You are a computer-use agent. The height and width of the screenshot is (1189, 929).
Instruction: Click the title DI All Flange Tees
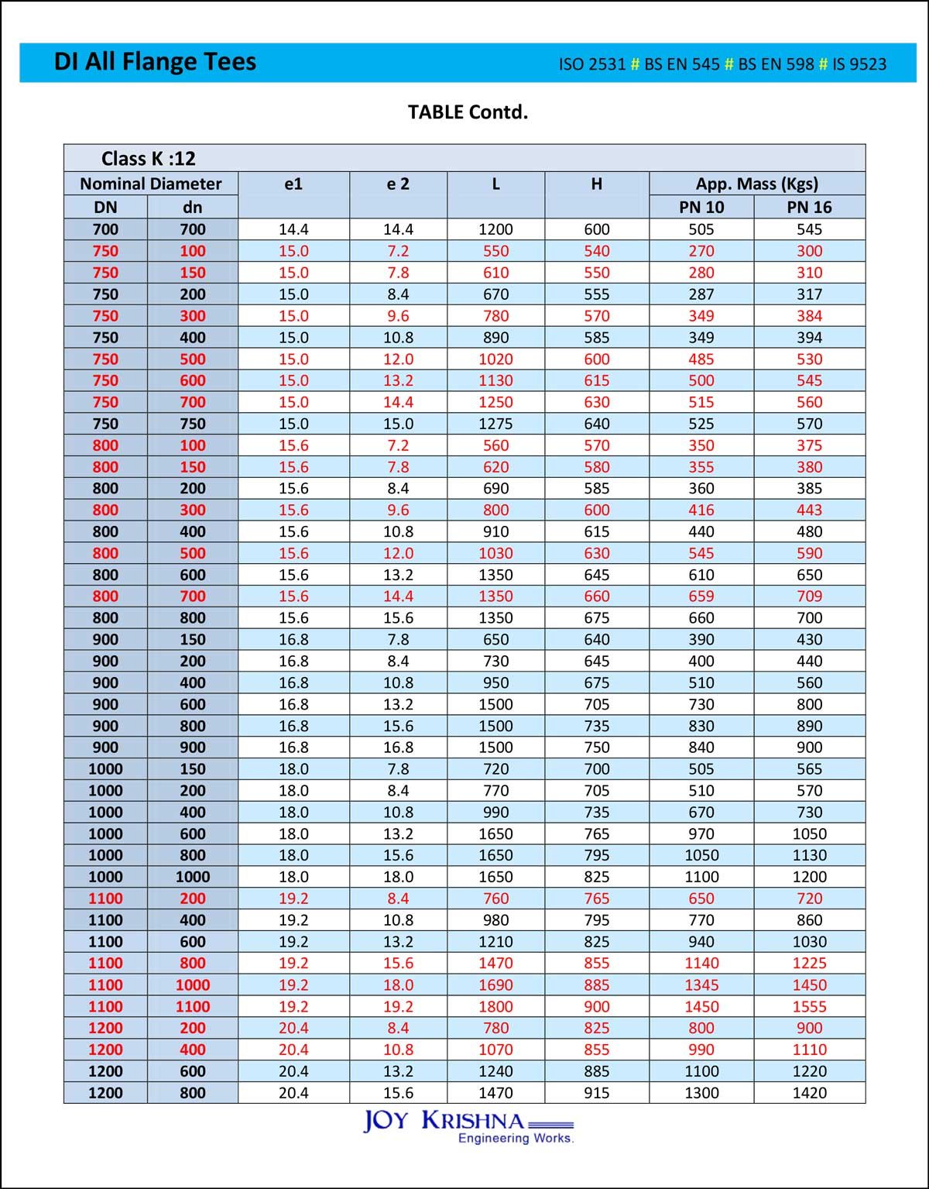coord(155,62)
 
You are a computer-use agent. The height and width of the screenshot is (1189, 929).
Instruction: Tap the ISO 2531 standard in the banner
coord(592,64)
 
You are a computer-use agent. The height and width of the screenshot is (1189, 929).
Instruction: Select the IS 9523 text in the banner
coord(859,64)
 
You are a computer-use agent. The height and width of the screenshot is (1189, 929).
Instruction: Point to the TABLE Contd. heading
coord(468,112)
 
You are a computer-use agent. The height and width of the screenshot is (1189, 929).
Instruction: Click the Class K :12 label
coord(148,159)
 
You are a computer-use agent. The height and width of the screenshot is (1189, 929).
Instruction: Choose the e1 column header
coord(293,184)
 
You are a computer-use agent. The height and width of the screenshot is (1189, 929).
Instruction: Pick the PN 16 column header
coord(809,207)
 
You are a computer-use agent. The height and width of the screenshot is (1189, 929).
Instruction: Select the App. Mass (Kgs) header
coord(756,184)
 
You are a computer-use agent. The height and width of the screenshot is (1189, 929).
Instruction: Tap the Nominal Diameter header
coord(151,184)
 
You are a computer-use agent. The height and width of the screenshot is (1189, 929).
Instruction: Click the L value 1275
coord(495,424)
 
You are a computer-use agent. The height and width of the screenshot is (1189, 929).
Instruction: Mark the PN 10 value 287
coord(701,294)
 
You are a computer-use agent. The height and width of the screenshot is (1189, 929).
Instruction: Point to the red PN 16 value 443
coord(809,510)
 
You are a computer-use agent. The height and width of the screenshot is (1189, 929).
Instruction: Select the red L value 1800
coord(495,1006)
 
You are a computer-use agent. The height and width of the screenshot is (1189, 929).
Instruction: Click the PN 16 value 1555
coord(809,1006)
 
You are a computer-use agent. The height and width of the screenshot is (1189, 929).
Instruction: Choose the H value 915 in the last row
coord(597,1093)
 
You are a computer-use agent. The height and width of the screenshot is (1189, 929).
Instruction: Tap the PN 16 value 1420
coord(809,1093)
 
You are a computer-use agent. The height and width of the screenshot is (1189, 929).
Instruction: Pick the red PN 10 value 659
coord(701,596)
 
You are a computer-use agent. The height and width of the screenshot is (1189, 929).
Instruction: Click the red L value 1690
coord(495,985)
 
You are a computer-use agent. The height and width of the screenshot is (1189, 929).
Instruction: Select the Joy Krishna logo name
coord(444,1121)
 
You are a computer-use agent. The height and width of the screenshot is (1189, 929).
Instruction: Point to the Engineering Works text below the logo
coord(516,1138)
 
